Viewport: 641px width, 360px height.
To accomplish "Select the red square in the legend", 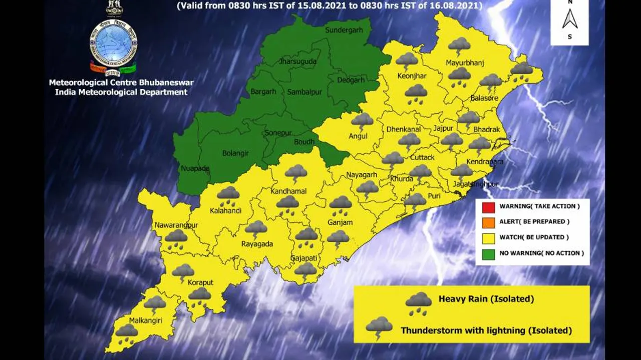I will coord(489,206).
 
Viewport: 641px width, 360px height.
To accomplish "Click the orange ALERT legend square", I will coord(489,222).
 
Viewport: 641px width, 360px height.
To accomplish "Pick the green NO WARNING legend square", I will coord(489,253).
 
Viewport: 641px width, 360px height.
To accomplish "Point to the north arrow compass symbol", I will coord(570,20).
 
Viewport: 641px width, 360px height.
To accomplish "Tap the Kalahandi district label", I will coord(226,211).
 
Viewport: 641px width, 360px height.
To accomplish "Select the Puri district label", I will coord(434,196).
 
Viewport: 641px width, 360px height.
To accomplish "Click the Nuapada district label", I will coord(196,169).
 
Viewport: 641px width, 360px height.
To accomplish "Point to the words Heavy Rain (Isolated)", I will coord(486,299).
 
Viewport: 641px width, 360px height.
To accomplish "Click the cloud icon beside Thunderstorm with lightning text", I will coord(379,327).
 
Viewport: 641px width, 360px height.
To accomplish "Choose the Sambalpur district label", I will coord(304,92).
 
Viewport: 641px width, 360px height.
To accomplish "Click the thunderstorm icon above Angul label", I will coord(362,121).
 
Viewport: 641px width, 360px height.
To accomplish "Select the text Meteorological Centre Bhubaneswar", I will coord(121,83).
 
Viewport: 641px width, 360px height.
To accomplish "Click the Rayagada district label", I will coord(257,244).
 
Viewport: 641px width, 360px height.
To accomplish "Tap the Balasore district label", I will coord(484,98).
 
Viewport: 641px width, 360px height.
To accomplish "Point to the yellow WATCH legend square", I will coord(489,237).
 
